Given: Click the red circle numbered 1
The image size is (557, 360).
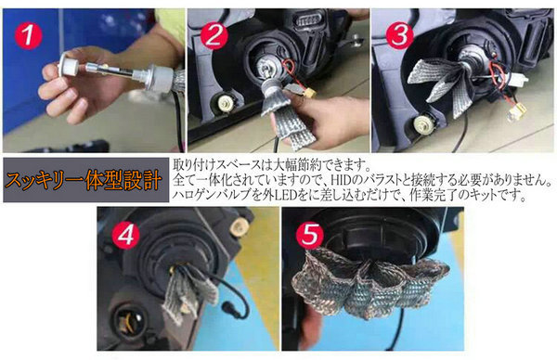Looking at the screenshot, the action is [x=28, y=35].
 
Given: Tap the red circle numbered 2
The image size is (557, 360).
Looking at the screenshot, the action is [x=214, y=35].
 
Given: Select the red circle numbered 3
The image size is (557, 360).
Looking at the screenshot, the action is [x=399, y=35].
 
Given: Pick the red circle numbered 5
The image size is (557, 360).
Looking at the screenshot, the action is [x=310, y=235].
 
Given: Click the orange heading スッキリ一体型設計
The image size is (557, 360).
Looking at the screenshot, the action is [x=84, y=180].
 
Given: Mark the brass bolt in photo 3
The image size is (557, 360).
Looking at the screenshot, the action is [x=422, y=124].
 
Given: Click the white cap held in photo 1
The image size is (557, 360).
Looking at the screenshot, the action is [x=68, y=64].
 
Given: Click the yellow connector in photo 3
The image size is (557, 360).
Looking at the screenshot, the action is [x=514, y=114].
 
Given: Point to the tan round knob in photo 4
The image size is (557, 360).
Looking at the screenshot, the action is [x=238, y=225].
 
